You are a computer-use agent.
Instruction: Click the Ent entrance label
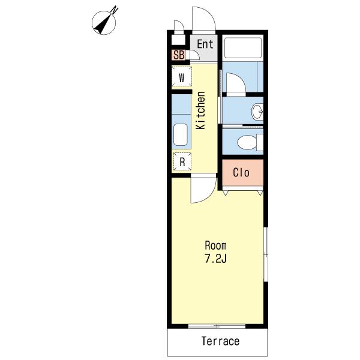pyautogui.click(x=205, y=44)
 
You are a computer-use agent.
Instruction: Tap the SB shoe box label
pyautogui.click(x=179, y=55)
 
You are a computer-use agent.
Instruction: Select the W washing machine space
pyautogui.click(x=182, y=76)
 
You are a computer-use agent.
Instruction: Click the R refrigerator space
pyautogui.click(x=182, y=161)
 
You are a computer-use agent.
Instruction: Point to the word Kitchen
pyautogui.click(x=200, y=110)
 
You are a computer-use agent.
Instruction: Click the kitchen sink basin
pyautogui.click(x=181, y=135)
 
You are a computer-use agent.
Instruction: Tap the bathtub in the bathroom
pyautogui.click(x=243, y=48)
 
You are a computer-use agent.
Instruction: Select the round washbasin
pyautogui.click(x=257, y=112)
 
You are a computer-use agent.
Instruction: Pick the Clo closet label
pyautogui.click(x=241, y=173)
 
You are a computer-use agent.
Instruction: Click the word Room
pyautogui.click(x=215, y=245)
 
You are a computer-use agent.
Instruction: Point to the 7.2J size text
pyautogui.click(x=215, y=259)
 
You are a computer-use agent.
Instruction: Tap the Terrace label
pyautogui.click(x=220, y=341)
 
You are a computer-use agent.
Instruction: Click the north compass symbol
pyautogui.click(x=104, y=22)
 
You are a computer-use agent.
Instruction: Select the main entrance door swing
pyautogui.click(x=204, y=19)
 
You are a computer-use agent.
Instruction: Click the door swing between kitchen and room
pyautogui.click(x=203, y=188)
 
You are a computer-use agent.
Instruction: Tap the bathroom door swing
pyautogui.click(x=236, y=83)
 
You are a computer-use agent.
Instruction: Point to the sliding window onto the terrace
pyautogui.click(x=217, y=326)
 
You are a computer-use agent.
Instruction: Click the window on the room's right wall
pyautogui.click(x=266, y=254)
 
